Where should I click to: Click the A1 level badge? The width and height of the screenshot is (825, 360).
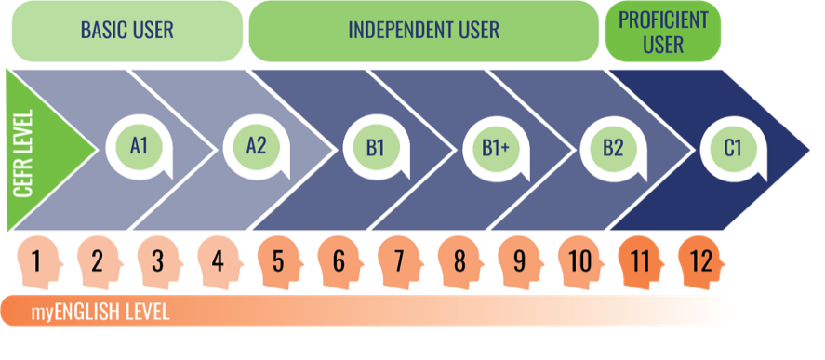click(x=139, y=148)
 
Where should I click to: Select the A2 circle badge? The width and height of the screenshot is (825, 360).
click(x=256, y=148)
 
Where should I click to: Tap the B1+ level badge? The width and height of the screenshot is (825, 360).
click(x=496, y=148)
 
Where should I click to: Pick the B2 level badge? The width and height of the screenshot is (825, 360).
click(x=613, y=148)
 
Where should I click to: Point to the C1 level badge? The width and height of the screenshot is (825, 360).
click(x=733, y=148)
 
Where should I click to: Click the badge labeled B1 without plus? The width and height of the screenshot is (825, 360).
click(x=376, y=148)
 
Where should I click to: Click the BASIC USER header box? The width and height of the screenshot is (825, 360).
click(x=126, y=31)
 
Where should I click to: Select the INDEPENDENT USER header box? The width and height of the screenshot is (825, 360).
click(x=423, y=31)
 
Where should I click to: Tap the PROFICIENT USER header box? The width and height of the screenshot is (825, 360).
click(x=663, y=31)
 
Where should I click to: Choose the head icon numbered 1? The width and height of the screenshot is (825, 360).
click(x=39, y=262)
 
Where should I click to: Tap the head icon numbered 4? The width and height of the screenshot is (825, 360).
click(x=220, y=262)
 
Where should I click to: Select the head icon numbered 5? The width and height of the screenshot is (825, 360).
click(x=280, y=262)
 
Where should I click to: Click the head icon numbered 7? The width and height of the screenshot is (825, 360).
click(x=400, y=262)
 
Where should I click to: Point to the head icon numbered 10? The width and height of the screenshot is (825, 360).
click(x=581, y=262)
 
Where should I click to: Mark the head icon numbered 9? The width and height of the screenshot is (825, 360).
click(x=520, y=262)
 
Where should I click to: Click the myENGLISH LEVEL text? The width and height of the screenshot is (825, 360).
click(x=100, y=313)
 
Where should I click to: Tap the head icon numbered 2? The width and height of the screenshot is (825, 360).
click(x=100, y=262)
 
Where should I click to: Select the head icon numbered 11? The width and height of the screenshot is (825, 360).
click(x=641, y=262)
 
